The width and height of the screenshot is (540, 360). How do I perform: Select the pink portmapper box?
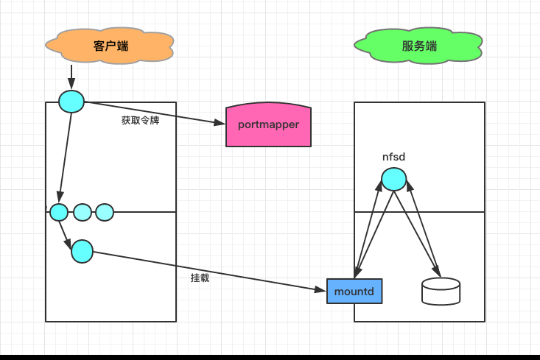click(x=268, y=124)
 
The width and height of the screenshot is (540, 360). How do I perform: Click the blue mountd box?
click(x=354, y=292)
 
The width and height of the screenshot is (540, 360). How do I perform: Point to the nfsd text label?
click(x=393, y=157)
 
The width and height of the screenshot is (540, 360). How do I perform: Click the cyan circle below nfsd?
click(x=393, y=179)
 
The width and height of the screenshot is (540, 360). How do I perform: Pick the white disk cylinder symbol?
click(x=441, y=292)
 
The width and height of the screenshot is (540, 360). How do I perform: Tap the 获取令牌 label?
click(x=140, y=120)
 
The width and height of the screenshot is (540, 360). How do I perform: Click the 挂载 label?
click(x=200, y=278)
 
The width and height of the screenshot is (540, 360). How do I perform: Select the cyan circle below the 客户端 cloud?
click(x=71, y=101)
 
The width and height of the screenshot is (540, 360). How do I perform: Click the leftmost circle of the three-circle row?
click(x=59, y=213)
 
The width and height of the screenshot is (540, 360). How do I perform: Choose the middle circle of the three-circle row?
click(x=83, y=213)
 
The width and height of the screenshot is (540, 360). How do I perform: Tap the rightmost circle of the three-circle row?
click(x=105, y=213)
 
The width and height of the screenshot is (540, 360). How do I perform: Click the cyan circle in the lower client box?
click(x=82, y=252)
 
